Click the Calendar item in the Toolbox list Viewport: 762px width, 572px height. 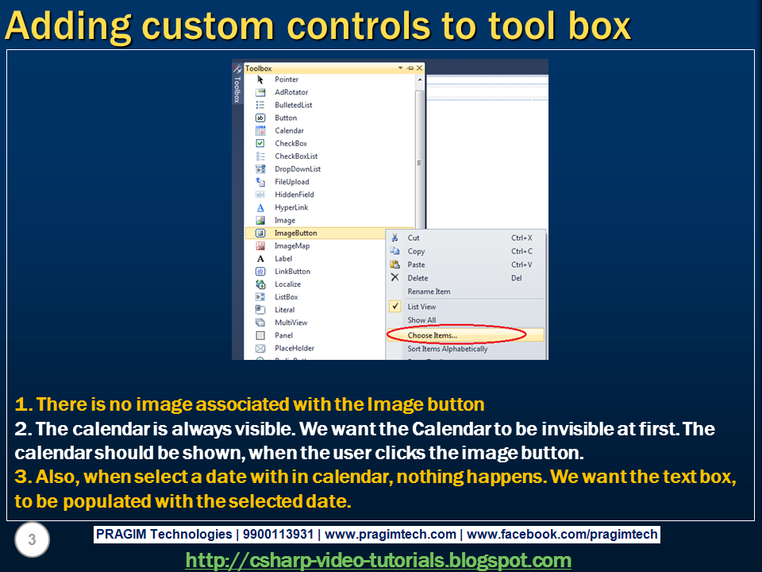289,130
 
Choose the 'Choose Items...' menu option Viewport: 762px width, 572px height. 433,335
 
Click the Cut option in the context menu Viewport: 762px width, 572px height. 414,238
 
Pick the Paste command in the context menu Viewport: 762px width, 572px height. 416,265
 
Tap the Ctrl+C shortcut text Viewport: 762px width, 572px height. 521,251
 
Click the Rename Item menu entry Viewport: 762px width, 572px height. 429,292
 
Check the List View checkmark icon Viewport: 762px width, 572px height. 395,307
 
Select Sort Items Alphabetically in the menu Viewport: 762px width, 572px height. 448,349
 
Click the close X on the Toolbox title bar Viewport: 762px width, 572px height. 419,68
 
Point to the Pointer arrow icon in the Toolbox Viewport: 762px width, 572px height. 260,79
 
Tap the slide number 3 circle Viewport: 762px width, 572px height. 32,539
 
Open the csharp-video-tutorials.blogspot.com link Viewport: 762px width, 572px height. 378,560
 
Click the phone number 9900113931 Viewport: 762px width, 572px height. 278,534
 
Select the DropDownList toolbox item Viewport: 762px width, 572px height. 298,168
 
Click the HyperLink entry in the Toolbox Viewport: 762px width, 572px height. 291,207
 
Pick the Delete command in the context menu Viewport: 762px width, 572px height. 418,278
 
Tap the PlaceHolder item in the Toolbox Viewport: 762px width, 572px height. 294,348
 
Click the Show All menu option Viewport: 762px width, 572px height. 421,320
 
